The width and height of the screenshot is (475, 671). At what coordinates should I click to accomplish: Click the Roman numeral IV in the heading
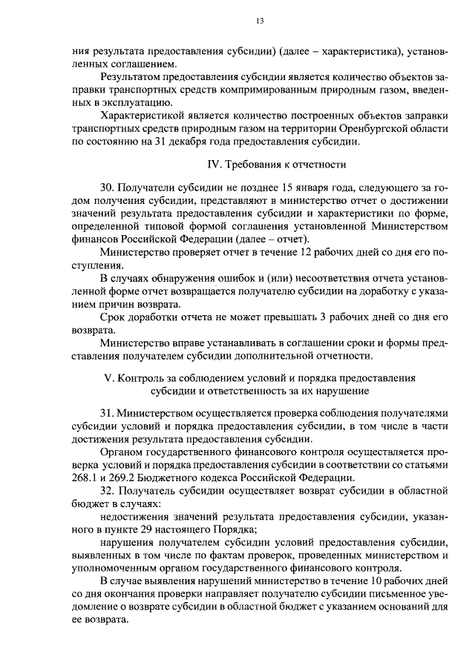(x=210, y=163)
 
